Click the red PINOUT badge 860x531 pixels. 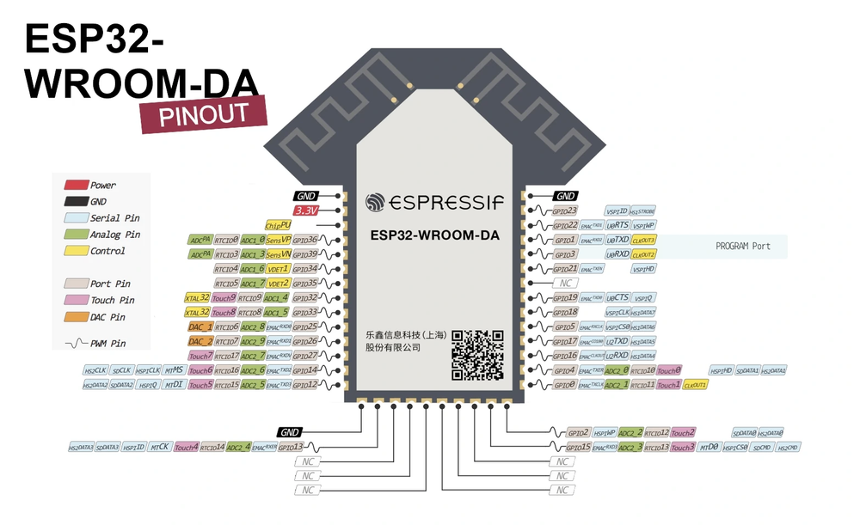pos(204,113)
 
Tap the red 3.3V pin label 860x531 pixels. pos(305,210)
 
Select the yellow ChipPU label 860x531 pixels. pos(279,224)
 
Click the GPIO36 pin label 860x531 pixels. pos(305,240)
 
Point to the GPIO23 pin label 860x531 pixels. pos(564,211)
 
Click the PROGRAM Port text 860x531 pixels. pos(743,247)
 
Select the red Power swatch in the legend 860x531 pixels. pos(76,185)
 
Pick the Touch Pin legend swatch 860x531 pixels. pos(76,300)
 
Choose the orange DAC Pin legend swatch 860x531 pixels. pos(76,317)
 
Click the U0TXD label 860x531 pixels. pos(617,240)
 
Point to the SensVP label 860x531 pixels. pos(279,240)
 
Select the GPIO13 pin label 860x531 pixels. pos(292,448)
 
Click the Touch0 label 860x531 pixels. pos(669,370)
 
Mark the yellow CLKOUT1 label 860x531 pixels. pos(695,385)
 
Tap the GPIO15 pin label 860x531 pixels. pos(578,448)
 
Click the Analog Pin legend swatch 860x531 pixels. pos(76,234)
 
